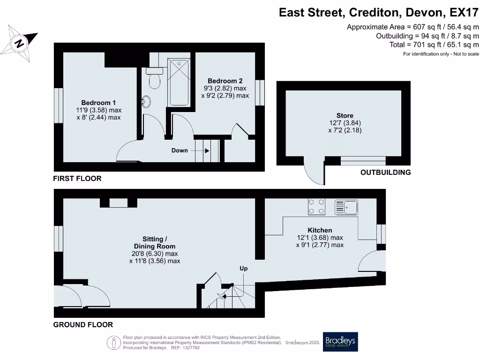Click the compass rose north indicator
point(20,44)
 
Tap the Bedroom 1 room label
point(98,103)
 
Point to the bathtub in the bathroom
point(179,82)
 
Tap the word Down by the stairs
point(180,150)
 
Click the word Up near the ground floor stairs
point(244,269)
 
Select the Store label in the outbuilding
point(345,115)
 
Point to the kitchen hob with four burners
point(316,207)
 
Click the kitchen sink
point(346,207)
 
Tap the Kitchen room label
point(320,230)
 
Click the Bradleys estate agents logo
point(340,342)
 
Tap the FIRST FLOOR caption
point(77,179)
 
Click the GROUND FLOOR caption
point(83,324)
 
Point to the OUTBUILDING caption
point(385,172)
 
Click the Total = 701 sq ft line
point(434,45)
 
